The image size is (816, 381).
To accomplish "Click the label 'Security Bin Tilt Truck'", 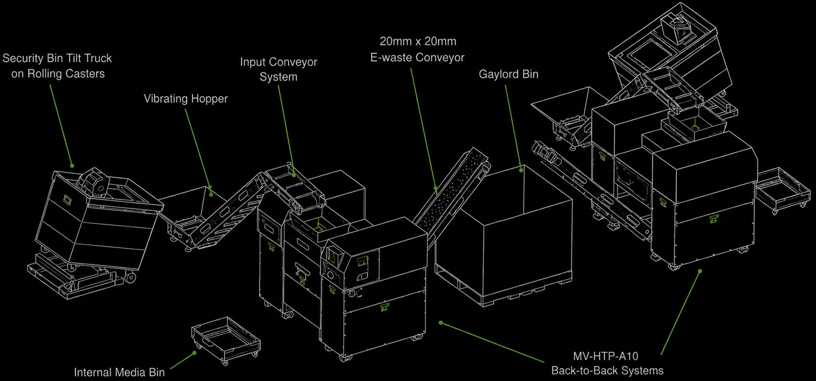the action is (x=57, y=58).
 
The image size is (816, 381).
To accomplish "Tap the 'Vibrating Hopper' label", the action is (x=186, y=98).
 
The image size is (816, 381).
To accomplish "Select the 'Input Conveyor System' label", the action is (x=278, y=69).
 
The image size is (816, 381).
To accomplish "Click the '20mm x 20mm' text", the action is (x=418, y=41).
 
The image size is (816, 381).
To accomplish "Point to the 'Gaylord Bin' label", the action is (x=508, y=74).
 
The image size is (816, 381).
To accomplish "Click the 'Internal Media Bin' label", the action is (x=119, y=372).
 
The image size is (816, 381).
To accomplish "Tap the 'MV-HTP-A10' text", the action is (x=605, y=356).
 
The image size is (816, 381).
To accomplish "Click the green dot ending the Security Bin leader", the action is (x=72, y=166).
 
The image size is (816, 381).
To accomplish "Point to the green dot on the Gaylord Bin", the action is (x=522, y=169).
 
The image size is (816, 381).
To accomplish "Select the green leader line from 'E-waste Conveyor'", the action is (x=423, y=128).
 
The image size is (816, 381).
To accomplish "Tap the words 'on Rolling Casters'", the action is (x=58, y=74).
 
